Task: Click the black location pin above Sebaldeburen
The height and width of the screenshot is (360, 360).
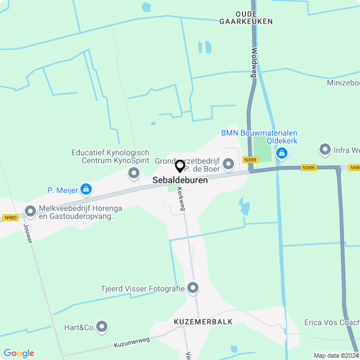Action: click(180, 166)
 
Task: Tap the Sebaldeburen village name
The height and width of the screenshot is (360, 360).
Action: click(180, 181)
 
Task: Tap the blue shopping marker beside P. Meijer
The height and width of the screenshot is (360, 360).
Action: click(85, 190)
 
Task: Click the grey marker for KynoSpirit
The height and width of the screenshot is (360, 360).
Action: click(134, 173)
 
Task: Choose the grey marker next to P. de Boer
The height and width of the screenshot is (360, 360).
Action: click(228, 164)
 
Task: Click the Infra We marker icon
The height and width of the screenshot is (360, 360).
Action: click(325, 150)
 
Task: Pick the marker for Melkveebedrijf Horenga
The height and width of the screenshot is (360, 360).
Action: click(30, 211)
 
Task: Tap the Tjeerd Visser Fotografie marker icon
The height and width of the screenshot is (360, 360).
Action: click(193, 289)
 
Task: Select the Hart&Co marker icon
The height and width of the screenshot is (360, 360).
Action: click(102, 326)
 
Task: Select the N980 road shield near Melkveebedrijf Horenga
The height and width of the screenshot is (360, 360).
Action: click(10, 218)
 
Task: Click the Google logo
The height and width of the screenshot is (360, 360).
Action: click(19, 353)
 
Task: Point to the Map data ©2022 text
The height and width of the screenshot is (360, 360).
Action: click(336, 355)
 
